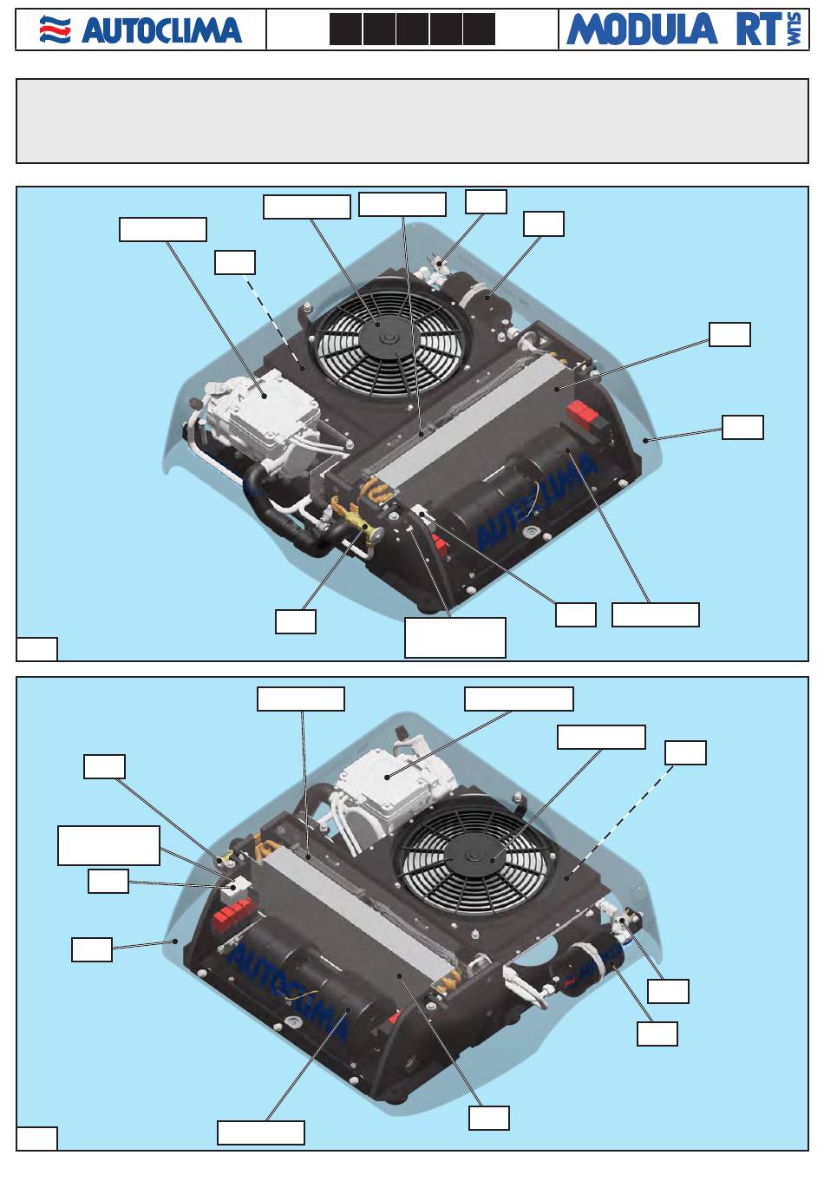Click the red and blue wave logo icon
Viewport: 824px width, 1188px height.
[x=55, y=30]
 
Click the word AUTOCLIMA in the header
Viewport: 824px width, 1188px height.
[x=161, y=30]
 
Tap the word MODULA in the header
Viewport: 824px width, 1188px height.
[x=642, y=30]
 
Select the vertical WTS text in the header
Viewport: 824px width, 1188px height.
[x=794, y=30]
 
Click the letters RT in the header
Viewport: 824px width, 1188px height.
[x=759, y=30]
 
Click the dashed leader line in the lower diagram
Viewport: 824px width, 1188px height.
[x=620, y=821]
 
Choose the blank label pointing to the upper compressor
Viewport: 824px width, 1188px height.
[x=163, y=229]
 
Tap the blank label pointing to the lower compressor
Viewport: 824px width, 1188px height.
[x=519, y=699]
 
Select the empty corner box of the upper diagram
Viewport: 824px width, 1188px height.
[x=36, y=649]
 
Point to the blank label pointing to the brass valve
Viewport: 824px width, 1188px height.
[x=296, y=621]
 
